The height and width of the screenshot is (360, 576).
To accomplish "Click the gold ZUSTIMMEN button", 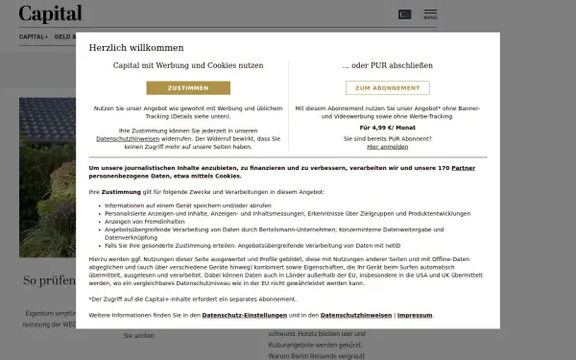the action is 187,87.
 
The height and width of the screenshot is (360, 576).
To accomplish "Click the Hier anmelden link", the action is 387,147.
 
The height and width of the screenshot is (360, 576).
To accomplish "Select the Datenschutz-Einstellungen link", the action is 258,315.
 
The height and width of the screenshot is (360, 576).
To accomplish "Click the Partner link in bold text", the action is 463,168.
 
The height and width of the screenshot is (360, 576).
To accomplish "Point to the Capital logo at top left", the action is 50,13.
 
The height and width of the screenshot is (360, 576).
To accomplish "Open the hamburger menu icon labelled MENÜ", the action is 429,14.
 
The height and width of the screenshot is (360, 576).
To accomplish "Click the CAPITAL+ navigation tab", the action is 33,36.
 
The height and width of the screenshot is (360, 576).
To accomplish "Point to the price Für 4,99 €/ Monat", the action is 387,127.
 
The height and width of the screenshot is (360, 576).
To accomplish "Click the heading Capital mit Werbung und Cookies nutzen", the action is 187,66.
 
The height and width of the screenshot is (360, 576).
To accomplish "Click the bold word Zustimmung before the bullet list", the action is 121,192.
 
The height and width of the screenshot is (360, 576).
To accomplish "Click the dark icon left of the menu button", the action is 404,14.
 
